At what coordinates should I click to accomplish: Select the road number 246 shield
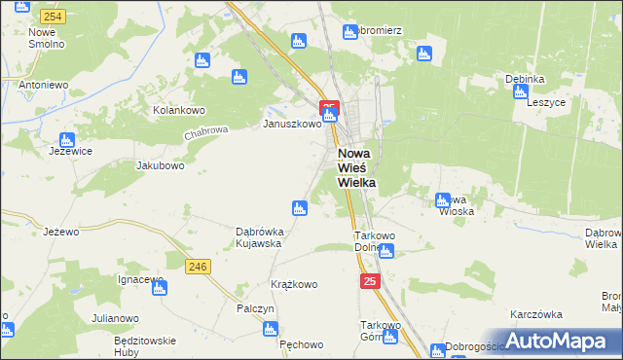click(x=200, y=267)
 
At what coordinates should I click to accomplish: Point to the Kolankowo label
click(x=176, y=110)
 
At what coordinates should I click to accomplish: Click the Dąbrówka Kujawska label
click(x=259, y=237)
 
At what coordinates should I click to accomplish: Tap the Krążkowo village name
click(x=294, y=284)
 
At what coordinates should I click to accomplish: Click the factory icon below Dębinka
click(x=520, y=91)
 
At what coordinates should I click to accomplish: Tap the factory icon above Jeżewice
click(x=67, y=139)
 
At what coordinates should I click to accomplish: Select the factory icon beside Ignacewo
click(x=160, y=287)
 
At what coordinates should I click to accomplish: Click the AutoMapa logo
click(x=554, y=341)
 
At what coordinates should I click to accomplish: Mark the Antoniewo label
click(x=43, y=85)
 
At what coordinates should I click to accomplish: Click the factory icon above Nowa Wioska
click(x=443, y=199)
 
